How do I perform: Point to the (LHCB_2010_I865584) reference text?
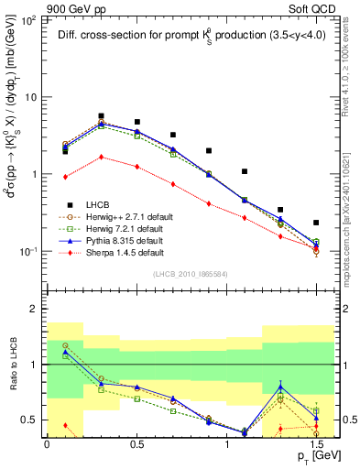[x=189, y=274]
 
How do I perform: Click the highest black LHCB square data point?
[x=101, y=116]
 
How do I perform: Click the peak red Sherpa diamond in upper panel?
[x=101, y=157]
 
